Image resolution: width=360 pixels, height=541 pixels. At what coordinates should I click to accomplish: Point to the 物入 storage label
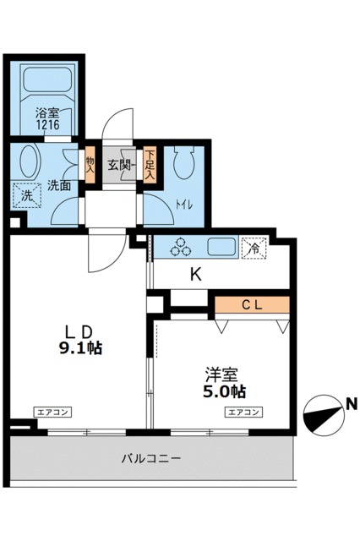tap(90, 162)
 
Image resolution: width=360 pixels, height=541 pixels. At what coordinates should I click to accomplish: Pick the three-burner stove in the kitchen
tap(179, 248)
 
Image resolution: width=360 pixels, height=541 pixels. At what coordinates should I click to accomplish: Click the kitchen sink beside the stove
tap(221, 248)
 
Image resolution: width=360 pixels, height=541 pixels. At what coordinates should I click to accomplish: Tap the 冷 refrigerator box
tap(251, 249)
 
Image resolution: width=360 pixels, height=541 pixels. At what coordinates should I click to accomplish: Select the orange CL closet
tap(251, 304)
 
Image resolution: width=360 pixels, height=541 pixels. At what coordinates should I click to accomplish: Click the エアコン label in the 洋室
tap(243, 413)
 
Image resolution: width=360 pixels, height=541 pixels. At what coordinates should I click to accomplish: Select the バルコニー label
tap(151, 458)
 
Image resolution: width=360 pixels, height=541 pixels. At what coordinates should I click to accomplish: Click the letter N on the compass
tap(349, 405)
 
